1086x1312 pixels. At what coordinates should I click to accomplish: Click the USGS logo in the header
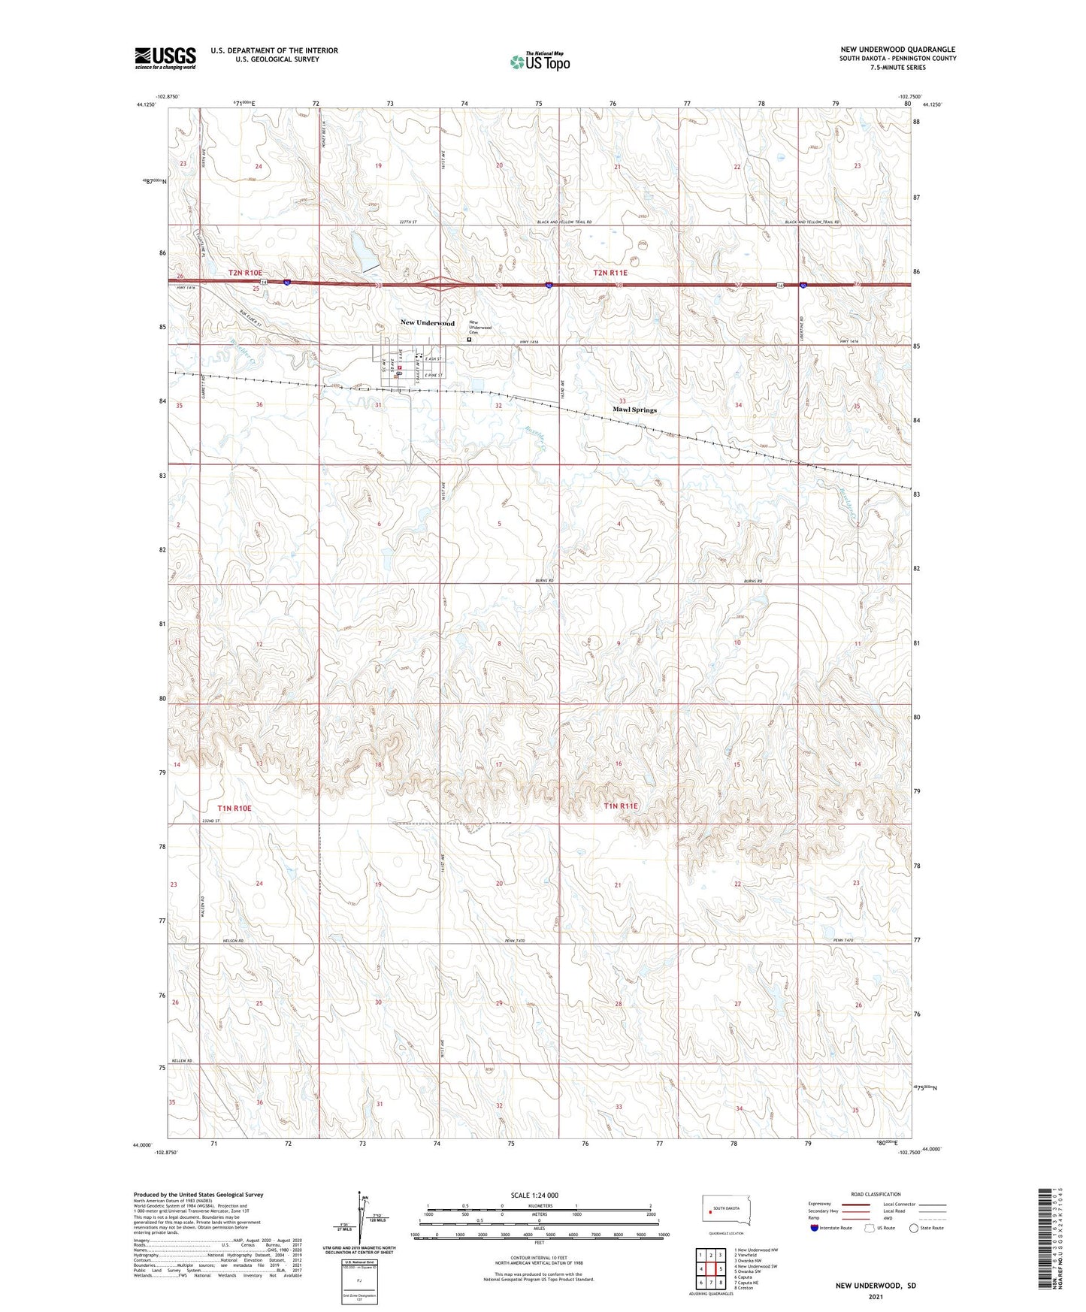[x=165, y=58]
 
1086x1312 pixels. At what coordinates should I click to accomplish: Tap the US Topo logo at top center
[x=540, y=62]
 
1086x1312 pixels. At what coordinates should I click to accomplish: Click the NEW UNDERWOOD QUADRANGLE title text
[x=897, y=50]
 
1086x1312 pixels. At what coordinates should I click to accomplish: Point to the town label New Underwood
[x=427, y=323]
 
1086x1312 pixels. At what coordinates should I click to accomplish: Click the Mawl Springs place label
[x=634, y=410]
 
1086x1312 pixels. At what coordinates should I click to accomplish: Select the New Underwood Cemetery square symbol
[x=470, y=340]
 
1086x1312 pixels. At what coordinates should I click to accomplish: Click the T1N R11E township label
[x=620, y=806]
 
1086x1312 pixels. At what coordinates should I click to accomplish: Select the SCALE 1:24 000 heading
[x=534, y=1195]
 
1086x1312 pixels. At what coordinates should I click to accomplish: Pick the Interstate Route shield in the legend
[x=815, y=1228]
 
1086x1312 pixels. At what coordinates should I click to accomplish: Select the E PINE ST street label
[x=434, y=375]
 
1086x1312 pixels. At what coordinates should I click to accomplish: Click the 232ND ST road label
[x=210, y=821]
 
